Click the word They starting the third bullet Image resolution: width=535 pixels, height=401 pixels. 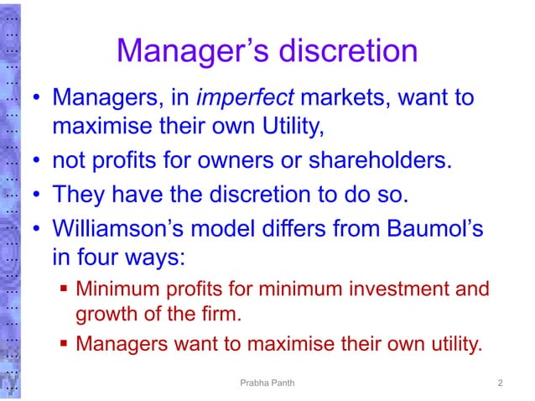coord(80,195)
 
